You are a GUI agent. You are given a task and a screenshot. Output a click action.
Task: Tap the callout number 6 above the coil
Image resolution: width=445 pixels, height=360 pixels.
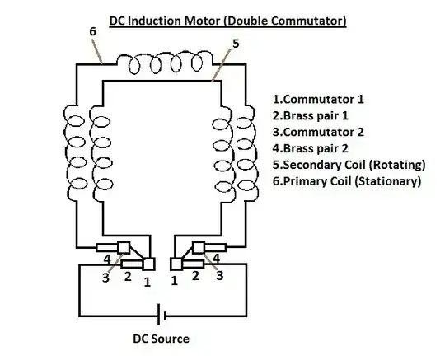93,31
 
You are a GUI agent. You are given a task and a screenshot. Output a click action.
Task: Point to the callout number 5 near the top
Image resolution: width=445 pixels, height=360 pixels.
236,44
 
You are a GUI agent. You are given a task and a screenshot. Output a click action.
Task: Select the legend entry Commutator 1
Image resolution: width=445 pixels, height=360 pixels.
318,100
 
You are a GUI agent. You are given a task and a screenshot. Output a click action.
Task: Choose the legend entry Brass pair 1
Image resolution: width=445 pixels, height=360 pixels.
311,116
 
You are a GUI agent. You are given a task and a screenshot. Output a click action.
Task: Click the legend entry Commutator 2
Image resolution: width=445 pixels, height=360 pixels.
318,132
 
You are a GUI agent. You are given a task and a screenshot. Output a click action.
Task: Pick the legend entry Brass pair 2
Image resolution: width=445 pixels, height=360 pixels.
311,148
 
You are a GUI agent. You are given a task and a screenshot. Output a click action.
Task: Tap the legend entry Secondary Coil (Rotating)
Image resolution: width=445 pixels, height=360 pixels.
349,165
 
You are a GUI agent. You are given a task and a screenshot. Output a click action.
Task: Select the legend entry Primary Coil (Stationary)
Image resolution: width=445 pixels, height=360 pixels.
347,181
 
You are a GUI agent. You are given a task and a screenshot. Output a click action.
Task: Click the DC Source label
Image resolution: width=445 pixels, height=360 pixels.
161,339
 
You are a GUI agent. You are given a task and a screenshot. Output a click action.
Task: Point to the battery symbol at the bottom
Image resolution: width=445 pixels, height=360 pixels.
162,315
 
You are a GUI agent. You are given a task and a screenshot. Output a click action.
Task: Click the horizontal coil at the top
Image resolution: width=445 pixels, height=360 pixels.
165,62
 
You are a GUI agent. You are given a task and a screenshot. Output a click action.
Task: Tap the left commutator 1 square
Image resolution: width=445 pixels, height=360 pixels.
148,264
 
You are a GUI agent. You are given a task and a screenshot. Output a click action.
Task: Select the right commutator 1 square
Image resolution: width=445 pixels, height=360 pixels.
176,264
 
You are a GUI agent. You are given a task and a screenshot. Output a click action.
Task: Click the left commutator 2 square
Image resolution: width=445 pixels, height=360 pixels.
124,247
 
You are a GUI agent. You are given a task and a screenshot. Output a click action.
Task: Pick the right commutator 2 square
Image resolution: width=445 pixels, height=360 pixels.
199,247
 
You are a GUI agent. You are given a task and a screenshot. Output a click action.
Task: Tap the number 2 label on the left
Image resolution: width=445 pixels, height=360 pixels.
128,276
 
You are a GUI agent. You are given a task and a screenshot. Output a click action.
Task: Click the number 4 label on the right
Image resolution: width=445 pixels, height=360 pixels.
216,258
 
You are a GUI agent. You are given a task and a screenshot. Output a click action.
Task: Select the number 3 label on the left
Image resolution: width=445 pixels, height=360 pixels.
105,278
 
